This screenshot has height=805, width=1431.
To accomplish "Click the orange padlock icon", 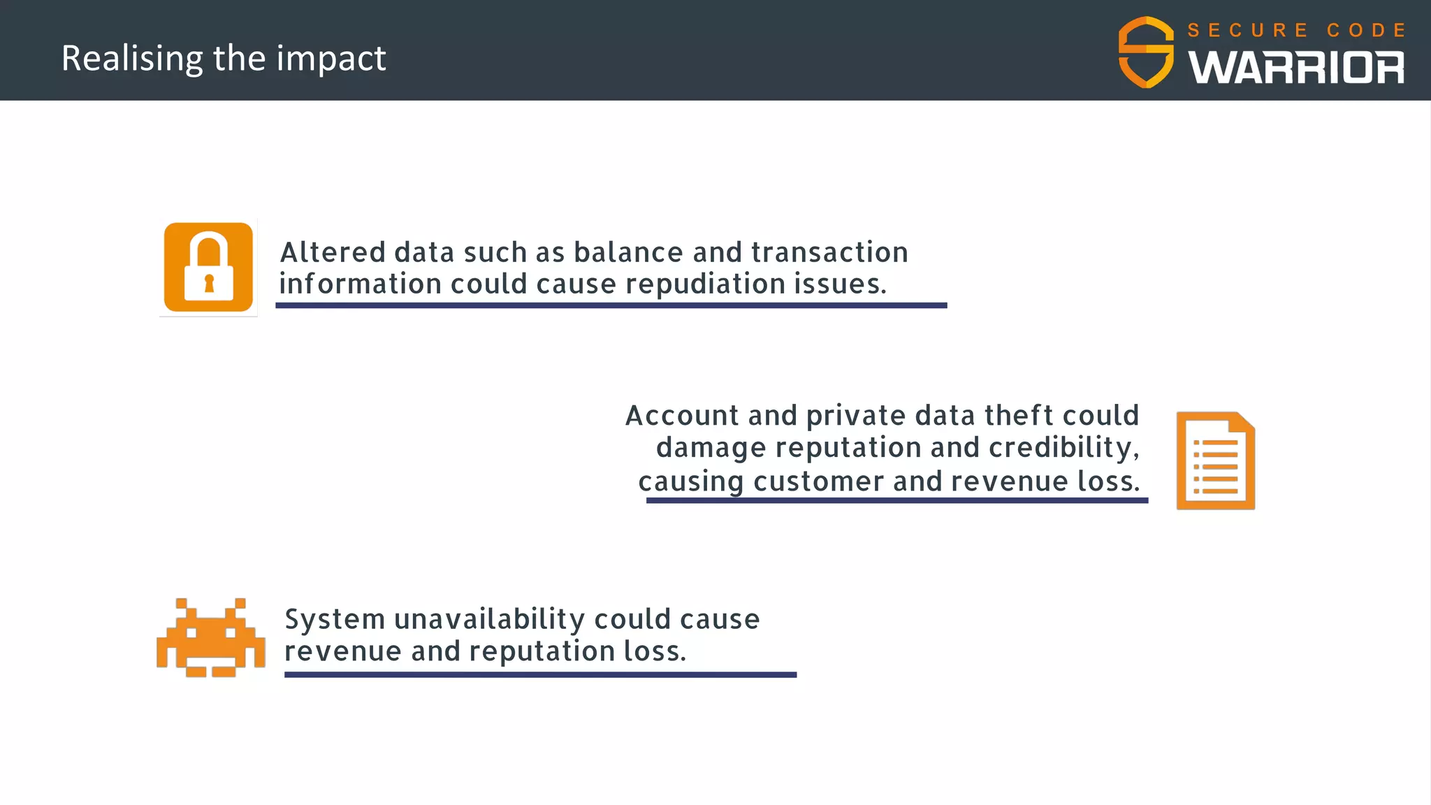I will click(208, 267).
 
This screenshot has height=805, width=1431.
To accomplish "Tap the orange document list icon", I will click(1215, 460).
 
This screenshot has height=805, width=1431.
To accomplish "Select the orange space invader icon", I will click(210, 637).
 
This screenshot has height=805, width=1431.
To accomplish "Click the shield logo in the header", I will click(1146, 52).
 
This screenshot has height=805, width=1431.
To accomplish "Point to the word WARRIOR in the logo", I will click(1296, 68).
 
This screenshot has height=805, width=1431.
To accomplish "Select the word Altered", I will click(333, 252).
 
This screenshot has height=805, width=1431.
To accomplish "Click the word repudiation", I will click(706, 284).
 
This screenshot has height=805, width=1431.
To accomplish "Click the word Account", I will click(683, 416).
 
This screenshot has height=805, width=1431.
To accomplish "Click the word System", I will click(335, 620).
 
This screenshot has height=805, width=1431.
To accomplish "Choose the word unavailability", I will click(489, 620).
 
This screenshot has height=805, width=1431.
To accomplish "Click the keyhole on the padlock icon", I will click(208, 284).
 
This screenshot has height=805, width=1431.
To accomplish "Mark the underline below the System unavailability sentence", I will click(540, 674).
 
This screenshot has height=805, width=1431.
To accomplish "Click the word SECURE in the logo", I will click(1247, 31).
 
